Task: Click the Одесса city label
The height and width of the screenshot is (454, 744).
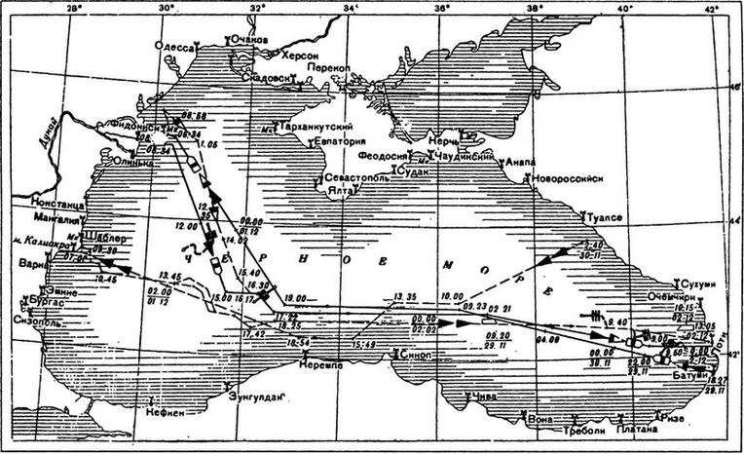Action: click(180, 46)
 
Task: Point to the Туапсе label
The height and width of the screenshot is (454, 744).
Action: click(603, 217)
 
